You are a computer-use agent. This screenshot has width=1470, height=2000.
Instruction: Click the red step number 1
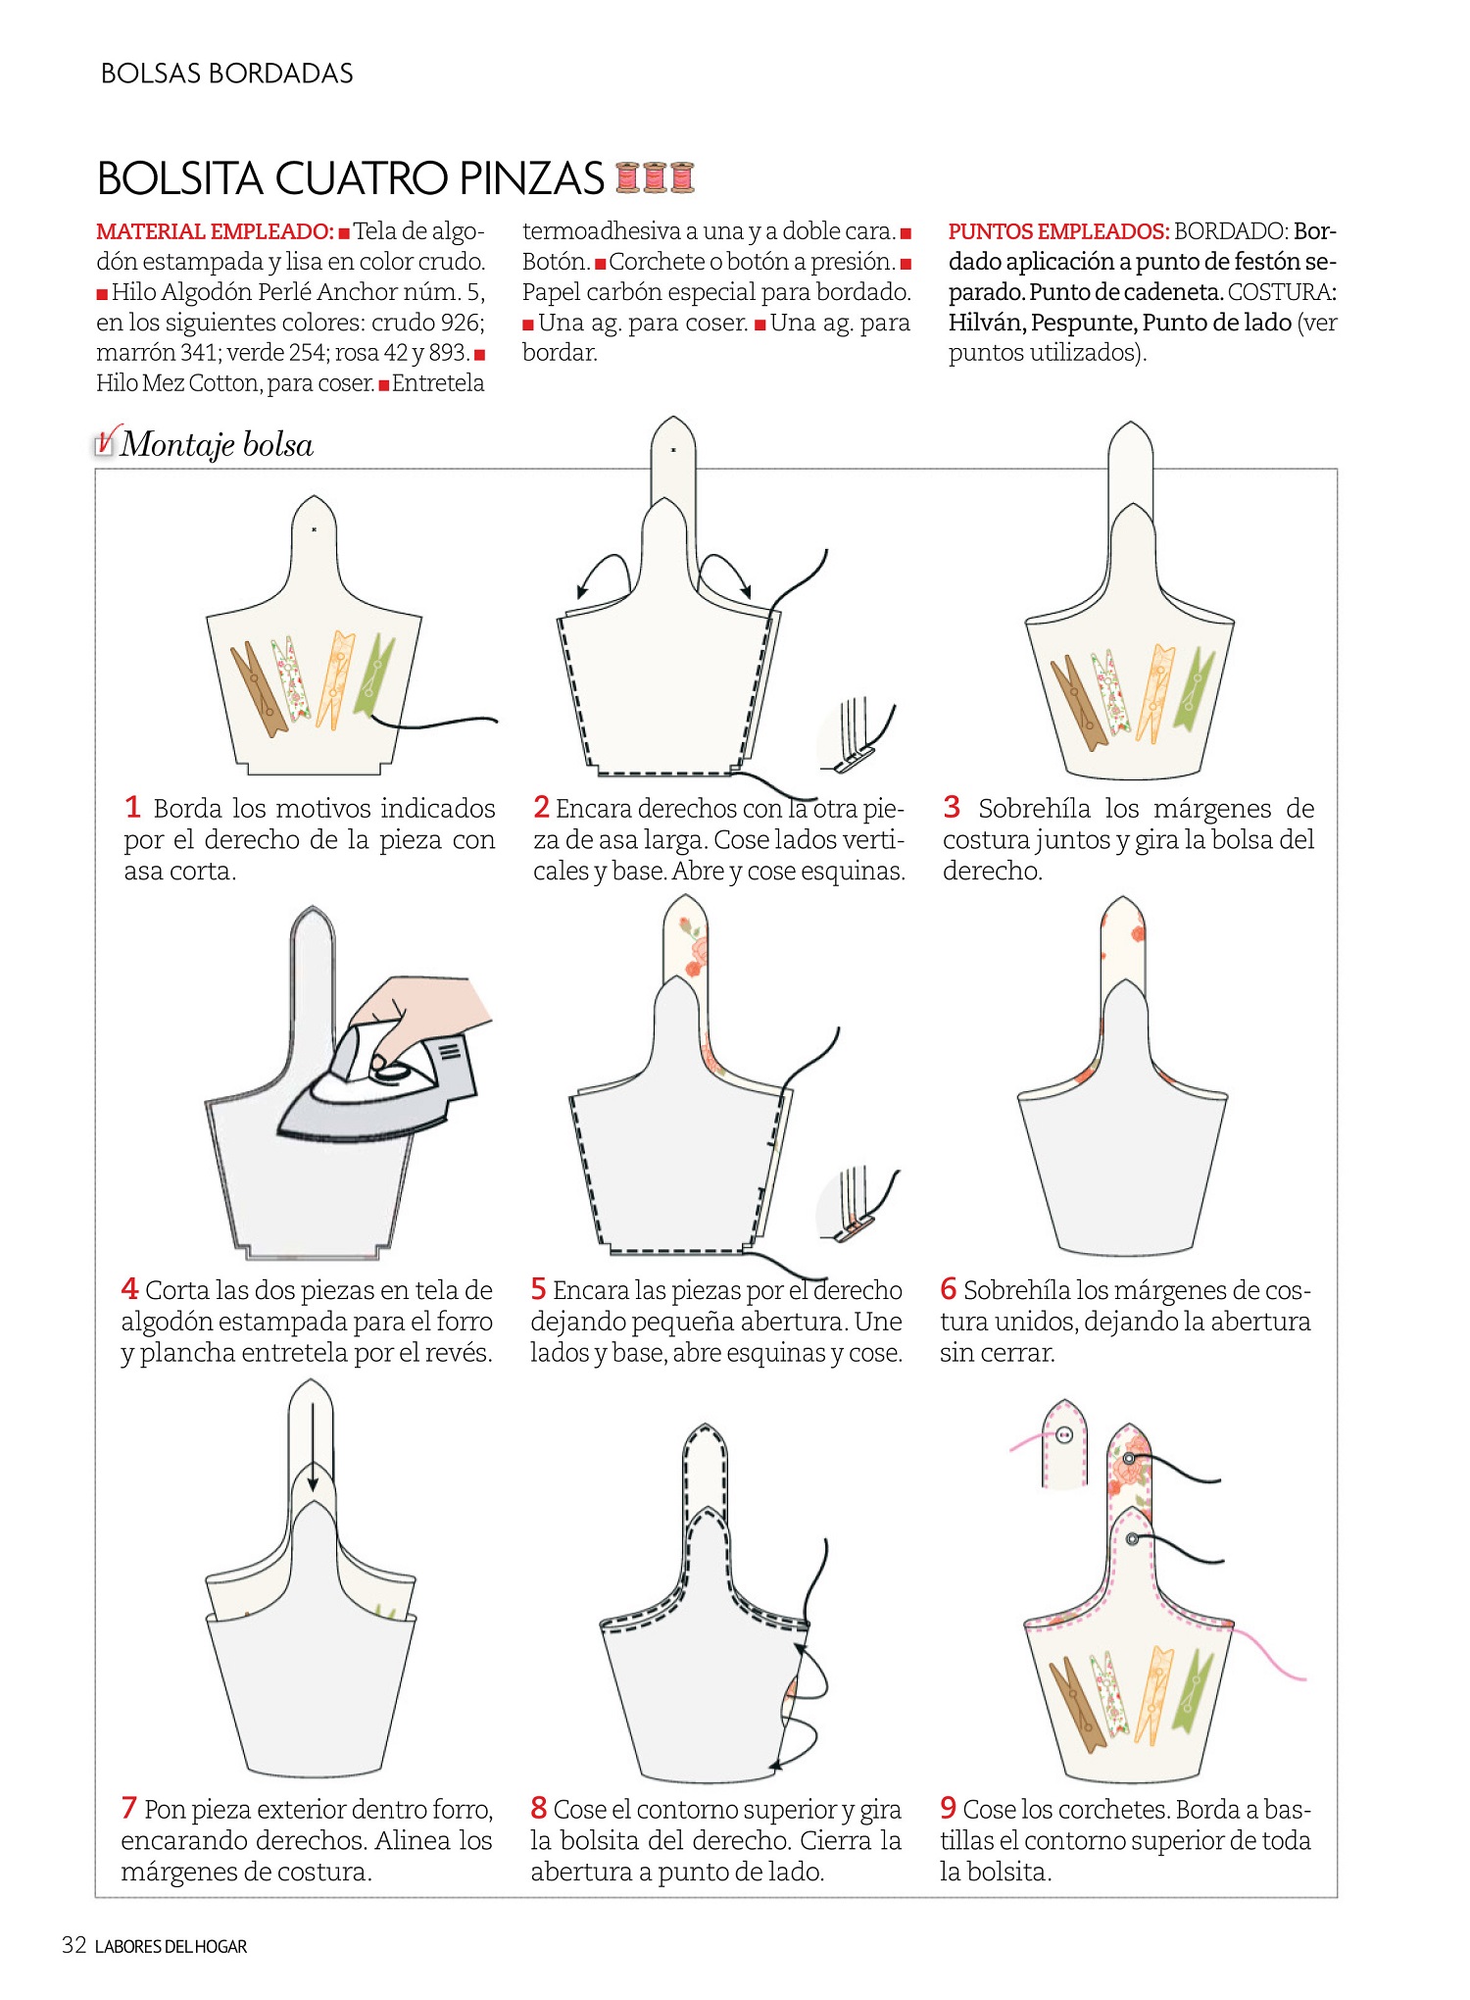[x=132, y=807]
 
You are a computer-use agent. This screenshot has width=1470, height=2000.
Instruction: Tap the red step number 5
[x=538, y=1288]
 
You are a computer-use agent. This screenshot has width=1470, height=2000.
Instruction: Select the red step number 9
[x=948, y=1807]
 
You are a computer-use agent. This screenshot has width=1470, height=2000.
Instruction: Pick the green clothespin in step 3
[x=1195, y=692]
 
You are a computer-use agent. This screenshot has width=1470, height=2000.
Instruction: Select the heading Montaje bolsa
[x=217, y=445]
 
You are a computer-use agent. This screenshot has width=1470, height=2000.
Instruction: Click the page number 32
[x=74, y=1945]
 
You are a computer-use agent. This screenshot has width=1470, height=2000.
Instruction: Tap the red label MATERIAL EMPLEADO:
[x=216, y=231]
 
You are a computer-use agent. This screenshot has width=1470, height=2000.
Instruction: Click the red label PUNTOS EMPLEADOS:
[x=1058, y=231]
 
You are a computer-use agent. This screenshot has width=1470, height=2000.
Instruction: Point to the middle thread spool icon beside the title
[x=655, y=177]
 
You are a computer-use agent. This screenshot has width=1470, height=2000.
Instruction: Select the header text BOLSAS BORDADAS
[x=227, y=74]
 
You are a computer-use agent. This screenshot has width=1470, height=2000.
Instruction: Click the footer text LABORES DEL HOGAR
[x=171, y=1946]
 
